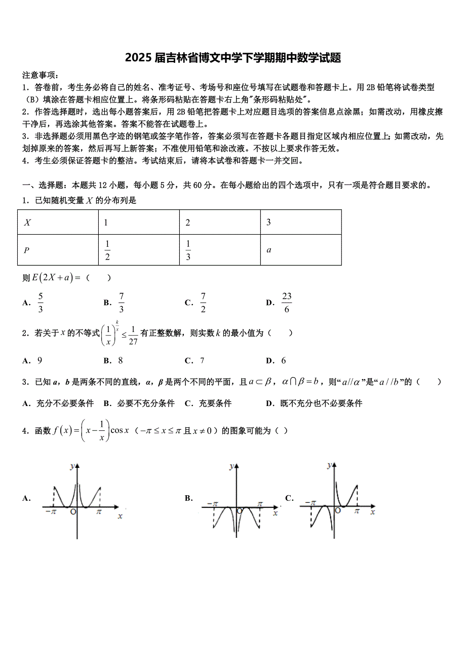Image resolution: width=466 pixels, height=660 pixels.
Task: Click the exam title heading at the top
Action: click(233, 58)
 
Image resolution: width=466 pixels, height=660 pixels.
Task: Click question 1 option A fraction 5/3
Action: click(41, 303)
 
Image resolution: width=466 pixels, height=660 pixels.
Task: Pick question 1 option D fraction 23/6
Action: click(287, 303)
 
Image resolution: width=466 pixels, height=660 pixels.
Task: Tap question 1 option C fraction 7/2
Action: click(203, 303)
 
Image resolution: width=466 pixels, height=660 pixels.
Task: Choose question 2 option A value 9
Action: click(40, 361)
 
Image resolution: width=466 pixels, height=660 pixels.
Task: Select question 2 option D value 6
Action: click(283, 361)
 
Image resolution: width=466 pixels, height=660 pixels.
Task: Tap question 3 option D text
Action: click(321, 404)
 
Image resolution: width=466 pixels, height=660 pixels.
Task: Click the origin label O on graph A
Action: click(73, 512)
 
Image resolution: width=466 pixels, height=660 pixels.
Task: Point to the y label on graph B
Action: click(231, 465)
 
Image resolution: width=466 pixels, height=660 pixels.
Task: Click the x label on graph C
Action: click(372, 512)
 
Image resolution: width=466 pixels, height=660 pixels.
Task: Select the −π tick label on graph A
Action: click(51, 512)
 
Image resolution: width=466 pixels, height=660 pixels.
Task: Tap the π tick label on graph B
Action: click(260, 504)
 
